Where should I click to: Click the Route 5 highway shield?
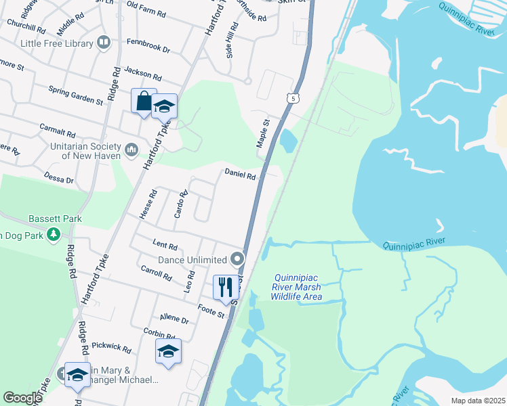[292, 99]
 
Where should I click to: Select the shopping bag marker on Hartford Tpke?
[144, 101]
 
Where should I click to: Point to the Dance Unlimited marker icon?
[237, 259]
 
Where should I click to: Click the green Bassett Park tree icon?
[54, 235]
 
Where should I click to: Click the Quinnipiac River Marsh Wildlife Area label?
[296, 287]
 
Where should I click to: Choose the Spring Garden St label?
[75, 95]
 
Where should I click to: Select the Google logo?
[22, 398]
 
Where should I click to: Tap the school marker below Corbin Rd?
[168, 351]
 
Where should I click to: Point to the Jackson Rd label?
[143, 76]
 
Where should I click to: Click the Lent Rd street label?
[165, 246]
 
